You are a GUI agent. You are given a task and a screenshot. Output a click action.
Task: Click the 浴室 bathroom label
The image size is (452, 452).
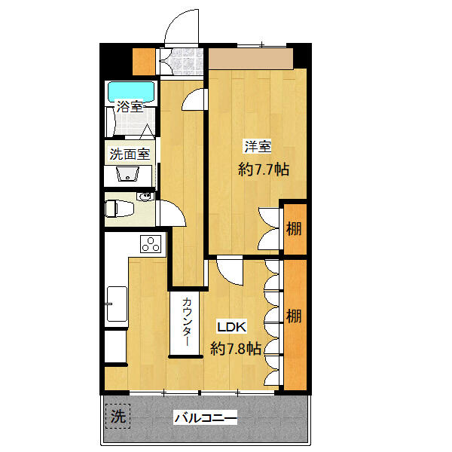130,106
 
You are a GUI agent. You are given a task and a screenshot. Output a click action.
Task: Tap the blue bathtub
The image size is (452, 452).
131,92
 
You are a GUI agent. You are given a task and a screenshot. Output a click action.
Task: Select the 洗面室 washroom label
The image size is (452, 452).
130,154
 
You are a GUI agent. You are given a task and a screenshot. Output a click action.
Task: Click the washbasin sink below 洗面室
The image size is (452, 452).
128,174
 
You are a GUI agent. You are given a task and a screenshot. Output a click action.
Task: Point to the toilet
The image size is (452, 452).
119,209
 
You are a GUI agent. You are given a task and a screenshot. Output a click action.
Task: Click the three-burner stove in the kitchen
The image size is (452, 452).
151,244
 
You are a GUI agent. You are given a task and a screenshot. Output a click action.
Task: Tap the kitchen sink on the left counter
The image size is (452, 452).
117,304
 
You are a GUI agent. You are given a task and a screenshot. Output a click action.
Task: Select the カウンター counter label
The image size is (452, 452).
187,322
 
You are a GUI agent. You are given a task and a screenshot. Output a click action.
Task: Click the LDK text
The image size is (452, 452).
231,327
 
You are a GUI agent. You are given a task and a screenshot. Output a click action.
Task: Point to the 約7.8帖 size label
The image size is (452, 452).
236,349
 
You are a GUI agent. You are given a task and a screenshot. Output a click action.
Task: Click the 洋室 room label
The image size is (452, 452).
258,146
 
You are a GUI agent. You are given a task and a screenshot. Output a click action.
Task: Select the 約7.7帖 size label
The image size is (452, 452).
264,169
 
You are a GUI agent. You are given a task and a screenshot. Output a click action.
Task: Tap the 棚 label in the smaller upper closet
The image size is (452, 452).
294,229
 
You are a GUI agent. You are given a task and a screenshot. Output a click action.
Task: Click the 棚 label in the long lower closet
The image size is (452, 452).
294,316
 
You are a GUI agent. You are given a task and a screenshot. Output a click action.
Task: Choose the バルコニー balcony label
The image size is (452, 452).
206,417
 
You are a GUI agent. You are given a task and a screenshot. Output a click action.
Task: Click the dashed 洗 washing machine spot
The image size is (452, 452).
118,416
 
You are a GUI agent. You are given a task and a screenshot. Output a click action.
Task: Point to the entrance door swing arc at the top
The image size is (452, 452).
173,22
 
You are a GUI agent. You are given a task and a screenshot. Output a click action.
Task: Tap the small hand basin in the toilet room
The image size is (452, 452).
145,197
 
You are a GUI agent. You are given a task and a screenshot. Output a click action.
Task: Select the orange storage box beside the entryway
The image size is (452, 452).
144,61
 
